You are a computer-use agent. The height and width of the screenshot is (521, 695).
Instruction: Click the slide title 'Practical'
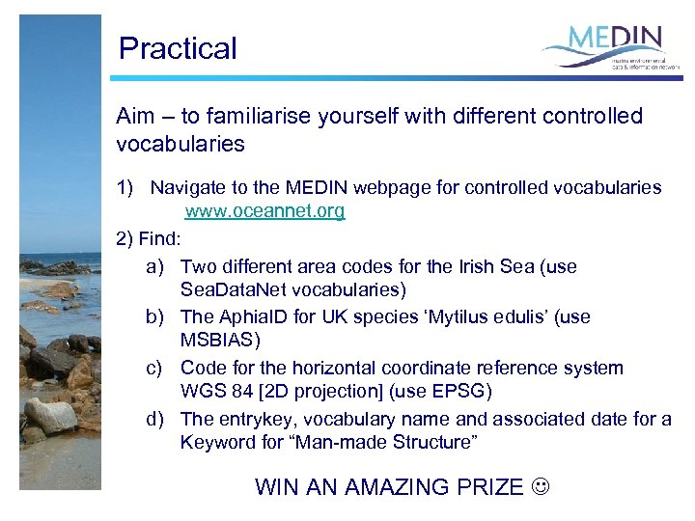coord(177,48)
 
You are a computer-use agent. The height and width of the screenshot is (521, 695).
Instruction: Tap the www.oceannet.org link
coord(264,211)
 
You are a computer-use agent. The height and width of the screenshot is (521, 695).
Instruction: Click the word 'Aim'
coord(135,117)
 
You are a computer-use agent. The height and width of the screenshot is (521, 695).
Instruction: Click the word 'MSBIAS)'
coord(220,341)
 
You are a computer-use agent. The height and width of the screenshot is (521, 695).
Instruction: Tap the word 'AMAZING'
coord(396,487)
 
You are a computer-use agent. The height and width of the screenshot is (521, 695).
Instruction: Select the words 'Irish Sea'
coord(499,266)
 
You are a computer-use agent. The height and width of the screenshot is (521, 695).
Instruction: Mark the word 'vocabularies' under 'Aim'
coord(180,145)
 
